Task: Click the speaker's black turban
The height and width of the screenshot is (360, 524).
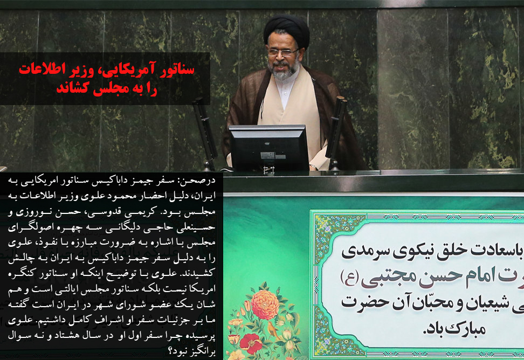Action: (x=286, y=29)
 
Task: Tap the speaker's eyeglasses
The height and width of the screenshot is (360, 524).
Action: (x=282, y=52)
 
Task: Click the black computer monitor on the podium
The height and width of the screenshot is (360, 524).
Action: (x=269, y=148)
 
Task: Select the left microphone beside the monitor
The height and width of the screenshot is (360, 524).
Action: (x=205, y=132)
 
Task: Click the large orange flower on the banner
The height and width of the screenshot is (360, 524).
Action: (x=265, y=304)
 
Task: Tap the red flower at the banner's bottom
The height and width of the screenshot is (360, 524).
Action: (x=251, y=343)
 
